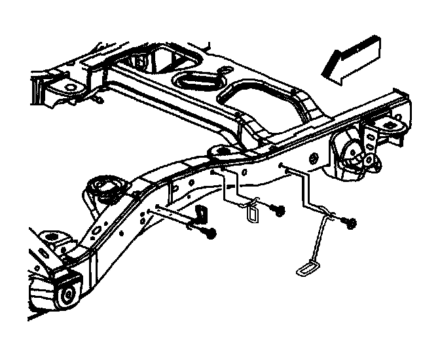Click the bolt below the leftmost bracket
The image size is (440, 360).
pyautogui.click(x=210, y=232)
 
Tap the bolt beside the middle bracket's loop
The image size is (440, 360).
pyautogui.click(x=279, y=211)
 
